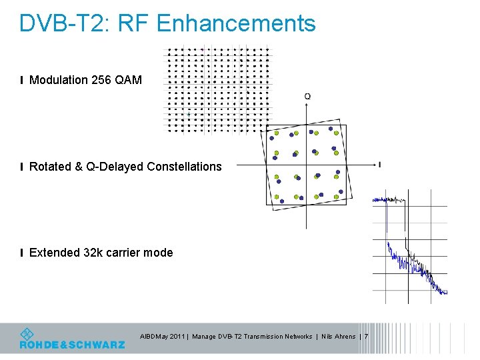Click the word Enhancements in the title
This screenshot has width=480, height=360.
point(235,23)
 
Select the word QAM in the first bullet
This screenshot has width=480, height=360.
point(129,80)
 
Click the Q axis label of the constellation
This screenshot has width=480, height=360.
point(307,97)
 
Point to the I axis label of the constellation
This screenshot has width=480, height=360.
point(379,165)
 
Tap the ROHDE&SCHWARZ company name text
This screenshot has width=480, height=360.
point(72,345)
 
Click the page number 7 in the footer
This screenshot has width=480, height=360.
point(366,337)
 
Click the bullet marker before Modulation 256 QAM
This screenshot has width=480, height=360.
point(22,80)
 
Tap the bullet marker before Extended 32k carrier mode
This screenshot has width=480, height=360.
point(22,253)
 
